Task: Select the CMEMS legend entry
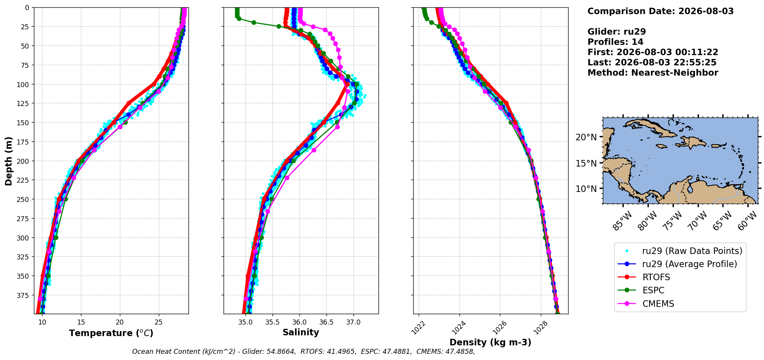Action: click(x=658, y=304)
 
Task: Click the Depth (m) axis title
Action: click(x=8, y=161)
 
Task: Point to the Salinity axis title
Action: click(x=301, y=332)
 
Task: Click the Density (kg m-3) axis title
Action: click(x=490, y=342)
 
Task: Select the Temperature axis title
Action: click(x=111, y=333)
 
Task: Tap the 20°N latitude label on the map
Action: click(x=586, y=137)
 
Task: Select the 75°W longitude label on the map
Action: click(x=673, y=221)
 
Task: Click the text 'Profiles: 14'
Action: click(x=615, y=42)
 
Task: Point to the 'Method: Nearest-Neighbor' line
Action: click(x=653, y=73)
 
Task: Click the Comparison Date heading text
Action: click(x=660, y=11)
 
